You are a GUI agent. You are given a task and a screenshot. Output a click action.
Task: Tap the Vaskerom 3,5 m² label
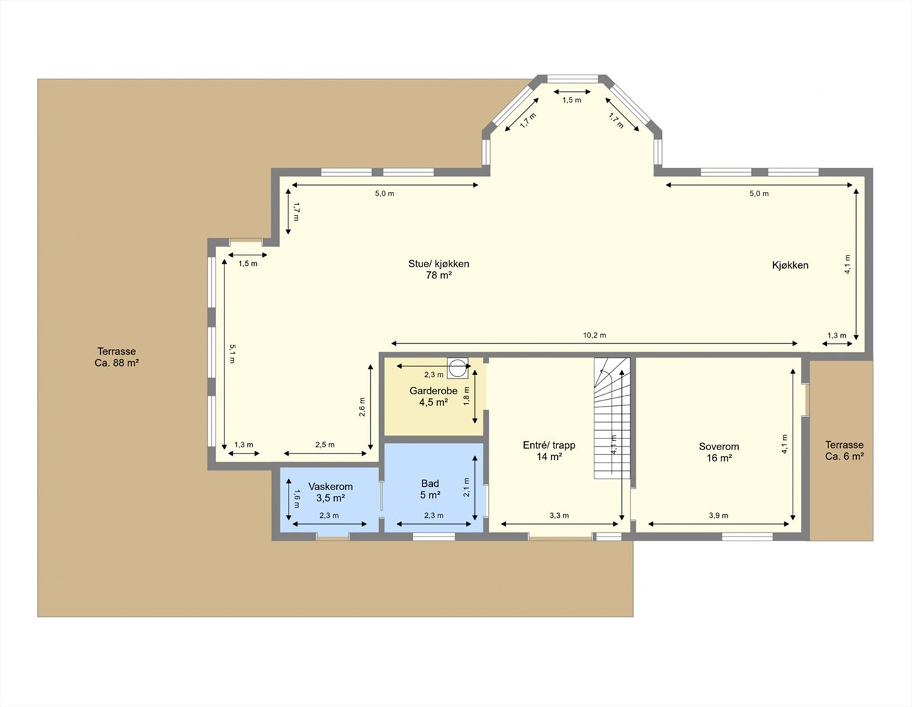(330, 492)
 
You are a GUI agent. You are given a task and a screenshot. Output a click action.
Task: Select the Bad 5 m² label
(430, 490)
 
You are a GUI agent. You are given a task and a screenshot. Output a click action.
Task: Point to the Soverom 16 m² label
(719, 452)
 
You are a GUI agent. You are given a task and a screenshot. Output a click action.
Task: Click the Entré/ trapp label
(549, 445)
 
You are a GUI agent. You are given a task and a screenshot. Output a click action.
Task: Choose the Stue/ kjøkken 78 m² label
(438, 269)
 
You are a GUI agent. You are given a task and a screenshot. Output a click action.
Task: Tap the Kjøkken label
(790, 265)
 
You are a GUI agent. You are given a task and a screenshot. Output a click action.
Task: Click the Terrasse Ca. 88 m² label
(117, 357)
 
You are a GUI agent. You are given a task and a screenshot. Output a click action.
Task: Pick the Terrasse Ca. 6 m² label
(844, 451)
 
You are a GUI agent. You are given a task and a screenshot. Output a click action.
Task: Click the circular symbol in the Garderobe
(458, 368)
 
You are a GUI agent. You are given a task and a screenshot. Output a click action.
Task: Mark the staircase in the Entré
(612, 418)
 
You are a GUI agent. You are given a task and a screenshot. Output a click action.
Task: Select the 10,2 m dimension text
(594, 336)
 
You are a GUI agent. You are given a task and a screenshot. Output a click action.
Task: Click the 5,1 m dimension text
(233, 353)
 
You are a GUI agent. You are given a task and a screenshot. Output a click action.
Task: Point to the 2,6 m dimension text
(362, 407)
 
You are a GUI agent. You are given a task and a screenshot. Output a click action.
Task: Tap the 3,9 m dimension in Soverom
(719, 515)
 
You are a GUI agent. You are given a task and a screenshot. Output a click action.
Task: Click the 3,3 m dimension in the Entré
(559, 515)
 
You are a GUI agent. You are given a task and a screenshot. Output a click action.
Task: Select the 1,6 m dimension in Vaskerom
(297, 499)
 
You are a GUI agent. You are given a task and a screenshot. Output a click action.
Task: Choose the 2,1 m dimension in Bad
(466, 487)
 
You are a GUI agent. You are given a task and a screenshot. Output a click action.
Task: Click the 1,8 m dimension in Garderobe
(466, 396)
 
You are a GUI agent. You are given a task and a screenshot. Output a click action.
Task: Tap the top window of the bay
(572, 79)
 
